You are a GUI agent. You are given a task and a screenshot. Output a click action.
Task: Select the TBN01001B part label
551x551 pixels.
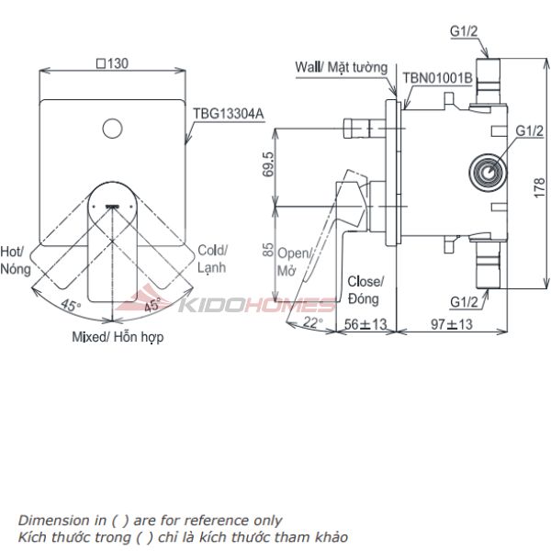tap(438, 79)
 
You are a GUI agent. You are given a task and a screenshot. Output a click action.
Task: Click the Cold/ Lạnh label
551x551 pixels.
tap(213, 258)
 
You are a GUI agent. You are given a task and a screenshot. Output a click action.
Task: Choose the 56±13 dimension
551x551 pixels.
tap(365, 323)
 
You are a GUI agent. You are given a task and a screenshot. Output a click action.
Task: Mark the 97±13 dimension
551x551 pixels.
tap(451, 323)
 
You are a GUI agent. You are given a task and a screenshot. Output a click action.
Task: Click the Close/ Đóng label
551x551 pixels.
tap(365, 289)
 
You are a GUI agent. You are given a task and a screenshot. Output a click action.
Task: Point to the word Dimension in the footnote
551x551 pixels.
tap(52, 520)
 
